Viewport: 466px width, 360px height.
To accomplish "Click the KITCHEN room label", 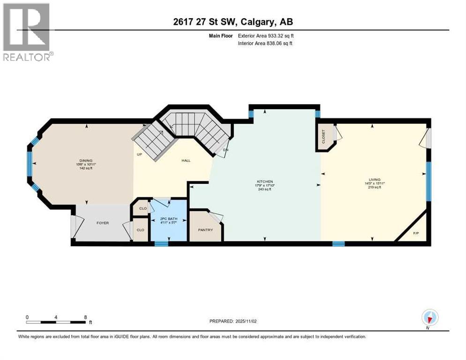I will click(264, 181).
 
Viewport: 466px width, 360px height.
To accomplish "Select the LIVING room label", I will click(374, 179).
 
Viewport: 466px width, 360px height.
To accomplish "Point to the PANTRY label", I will click(205, 230).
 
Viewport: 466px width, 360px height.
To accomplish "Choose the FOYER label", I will click(103, 223).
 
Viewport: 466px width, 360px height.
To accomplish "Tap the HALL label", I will click(186, 160).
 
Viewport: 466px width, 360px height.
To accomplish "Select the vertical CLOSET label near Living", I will click(324, 136).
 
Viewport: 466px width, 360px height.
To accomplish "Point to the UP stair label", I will click(139, 154).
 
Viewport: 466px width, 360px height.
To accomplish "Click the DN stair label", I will click(225, 150).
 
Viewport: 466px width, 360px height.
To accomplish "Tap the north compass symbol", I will click(429, 318).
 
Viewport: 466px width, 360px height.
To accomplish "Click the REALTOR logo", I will click(27, 32).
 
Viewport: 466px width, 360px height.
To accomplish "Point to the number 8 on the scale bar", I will click(85, 317).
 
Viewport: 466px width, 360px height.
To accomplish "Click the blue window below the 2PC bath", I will click(161, 243).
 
